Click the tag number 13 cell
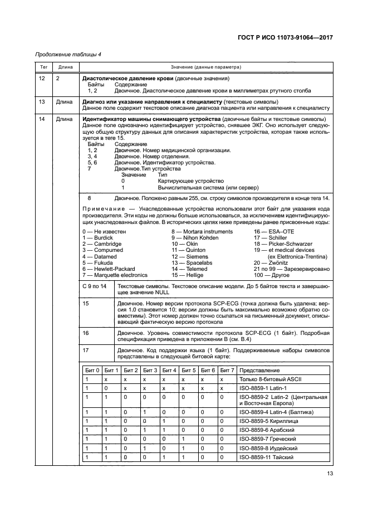[x=42, y=103]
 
